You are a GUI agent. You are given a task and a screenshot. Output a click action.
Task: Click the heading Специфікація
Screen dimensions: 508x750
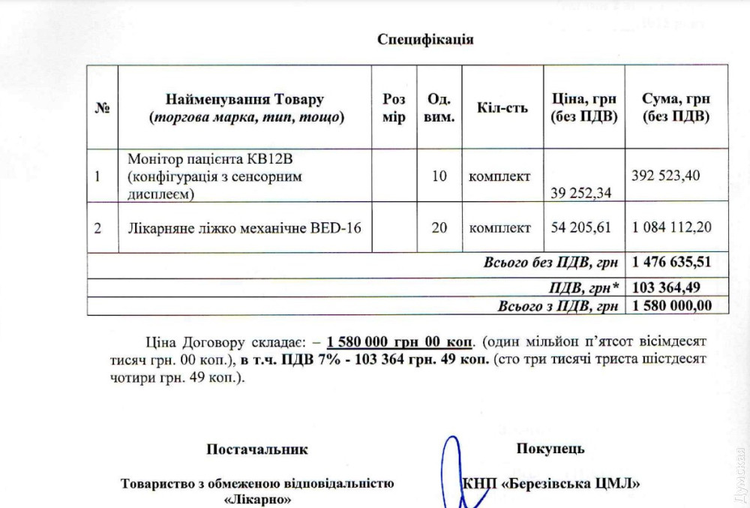tap(425, 39)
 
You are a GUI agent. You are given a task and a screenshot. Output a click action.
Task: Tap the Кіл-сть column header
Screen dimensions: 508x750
tap(502, 107)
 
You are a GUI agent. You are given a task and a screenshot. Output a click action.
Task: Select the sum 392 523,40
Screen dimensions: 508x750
tap(666, 176)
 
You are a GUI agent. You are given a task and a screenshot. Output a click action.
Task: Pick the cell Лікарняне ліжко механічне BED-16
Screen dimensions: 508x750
tap(244, 227)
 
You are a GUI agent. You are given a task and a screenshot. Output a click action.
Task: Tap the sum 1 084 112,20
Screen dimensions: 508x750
tap(673, 227)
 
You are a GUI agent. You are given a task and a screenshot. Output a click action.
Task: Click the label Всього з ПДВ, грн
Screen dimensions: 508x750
tap(558, 306)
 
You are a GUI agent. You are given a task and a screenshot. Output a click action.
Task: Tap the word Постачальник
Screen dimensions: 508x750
tap(256, 449)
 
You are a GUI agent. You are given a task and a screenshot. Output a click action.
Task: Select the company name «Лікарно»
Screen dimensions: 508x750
tap(257, 498)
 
